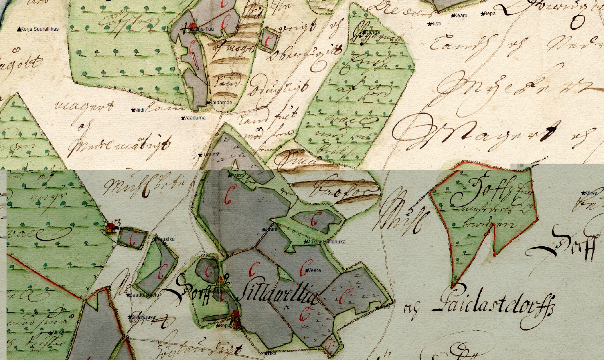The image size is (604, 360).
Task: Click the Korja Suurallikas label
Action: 39,29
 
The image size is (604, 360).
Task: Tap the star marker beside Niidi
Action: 133,110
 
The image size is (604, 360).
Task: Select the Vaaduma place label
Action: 195,118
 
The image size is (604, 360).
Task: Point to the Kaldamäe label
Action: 221,103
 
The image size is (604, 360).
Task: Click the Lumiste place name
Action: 211,155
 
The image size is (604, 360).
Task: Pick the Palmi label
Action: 238,175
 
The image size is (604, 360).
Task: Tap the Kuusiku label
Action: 166,239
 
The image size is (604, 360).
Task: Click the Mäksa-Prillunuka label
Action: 326,242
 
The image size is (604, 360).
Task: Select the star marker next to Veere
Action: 307,270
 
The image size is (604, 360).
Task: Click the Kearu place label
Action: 461,16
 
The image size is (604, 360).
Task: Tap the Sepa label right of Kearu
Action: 489,13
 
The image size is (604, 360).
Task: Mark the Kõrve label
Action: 591,193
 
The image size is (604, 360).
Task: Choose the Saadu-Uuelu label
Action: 144,295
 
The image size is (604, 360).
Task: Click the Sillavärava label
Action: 143,317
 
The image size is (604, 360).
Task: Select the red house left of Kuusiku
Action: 110,226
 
